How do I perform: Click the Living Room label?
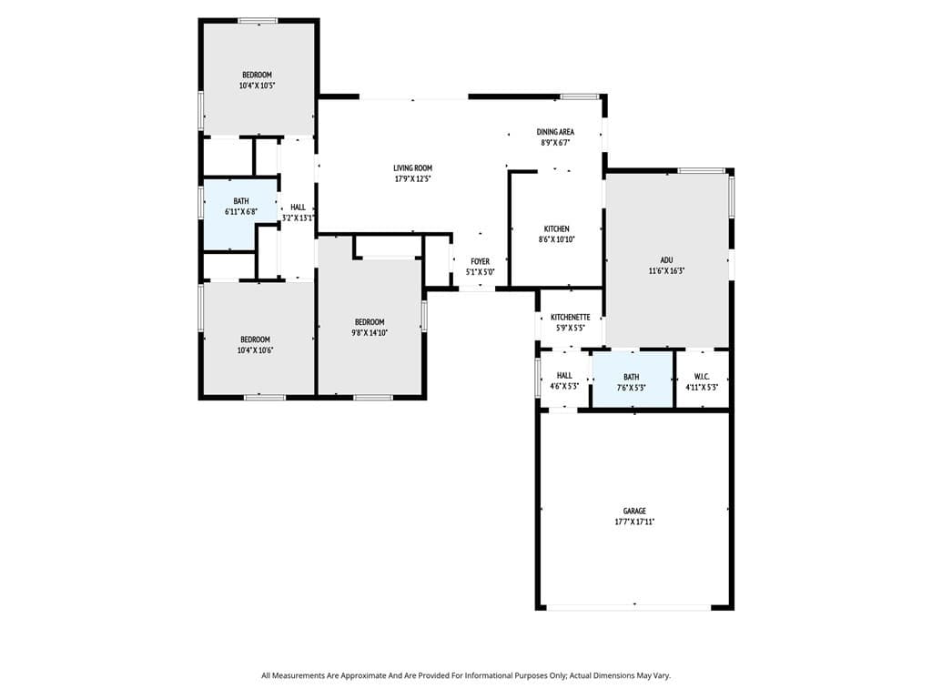(x=412, y=167)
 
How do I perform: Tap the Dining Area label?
(x=555, y=132)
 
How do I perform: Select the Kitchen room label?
(x=557, y=228)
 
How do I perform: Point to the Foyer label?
(x=480, y=261)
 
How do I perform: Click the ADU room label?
(x=667, y=259)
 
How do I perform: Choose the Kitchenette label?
(x=571, y=317)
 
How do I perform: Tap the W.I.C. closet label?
(x=702, y=376)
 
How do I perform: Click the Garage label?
(x=634, y=511)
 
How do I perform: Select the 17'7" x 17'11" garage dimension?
(x=634, y=522)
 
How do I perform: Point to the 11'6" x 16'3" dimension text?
(x=667, y=270)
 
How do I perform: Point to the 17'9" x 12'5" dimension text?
(x=412, y=178)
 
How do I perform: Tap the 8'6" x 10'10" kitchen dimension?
(x=557, y=239)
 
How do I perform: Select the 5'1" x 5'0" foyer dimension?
(x=480, y=272)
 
